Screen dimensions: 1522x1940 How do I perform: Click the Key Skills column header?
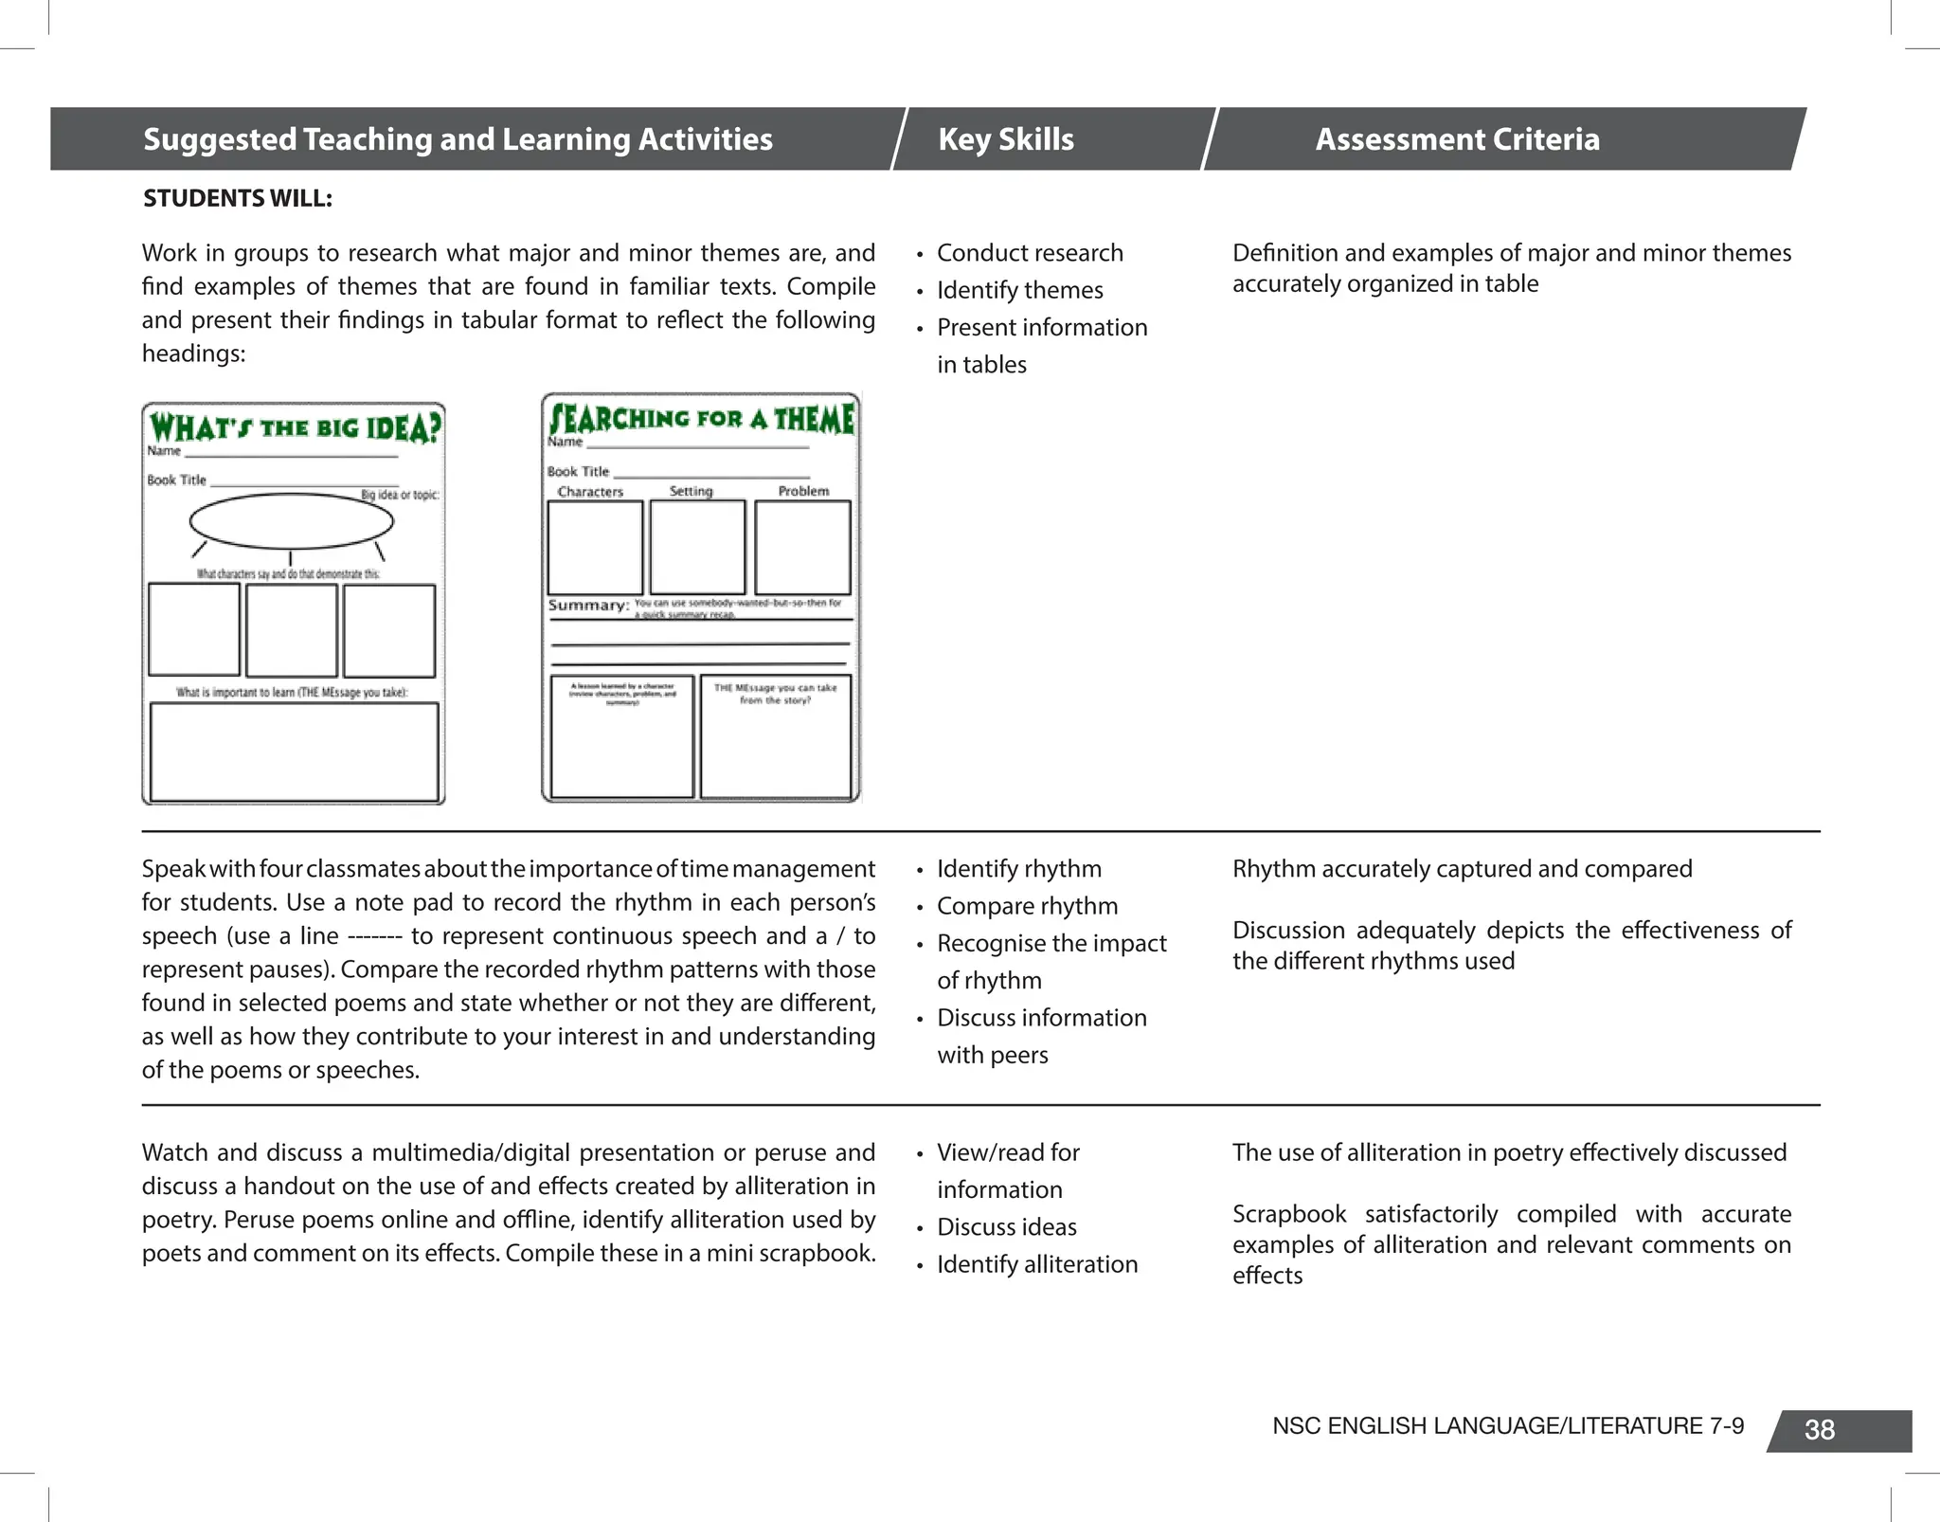pos(1005,139)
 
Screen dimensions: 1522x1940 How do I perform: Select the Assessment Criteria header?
pos(1457,139)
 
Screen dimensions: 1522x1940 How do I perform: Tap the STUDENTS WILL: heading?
pos(237,198)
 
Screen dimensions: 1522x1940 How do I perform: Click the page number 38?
pos(1819,1430)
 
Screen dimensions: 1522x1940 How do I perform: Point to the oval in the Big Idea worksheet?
pos(291,521)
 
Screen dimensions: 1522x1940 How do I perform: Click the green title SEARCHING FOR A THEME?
pos(701,418)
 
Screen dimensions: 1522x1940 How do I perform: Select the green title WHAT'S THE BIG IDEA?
pos(294,427)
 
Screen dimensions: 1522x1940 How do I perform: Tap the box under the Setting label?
pos(697,547)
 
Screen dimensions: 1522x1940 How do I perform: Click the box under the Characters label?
pos(595,547)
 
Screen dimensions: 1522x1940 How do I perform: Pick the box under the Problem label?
pos(802,547)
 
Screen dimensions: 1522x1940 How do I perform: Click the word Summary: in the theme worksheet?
pos(587,606)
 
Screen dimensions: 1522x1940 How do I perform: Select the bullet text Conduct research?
pos(1030,253)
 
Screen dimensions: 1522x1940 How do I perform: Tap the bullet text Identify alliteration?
pos(1037,1264)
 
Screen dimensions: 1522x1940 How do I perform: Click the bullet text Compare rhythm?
pos(1027,906)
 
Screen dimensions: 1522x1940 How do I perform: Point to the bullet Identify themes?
pos(1019,290)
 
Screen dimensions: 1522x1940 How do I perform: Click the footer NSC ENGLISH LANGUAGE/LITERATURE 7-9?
pos(1507,1426)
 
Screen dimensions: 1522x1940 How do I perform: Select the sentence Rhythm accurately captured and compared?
pos(1462,869)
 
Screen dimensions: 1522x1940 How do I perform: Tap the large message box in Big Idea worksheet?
pos(294,752)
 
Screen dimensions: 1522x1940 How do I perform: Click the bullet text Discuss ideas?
pos(1006,1227)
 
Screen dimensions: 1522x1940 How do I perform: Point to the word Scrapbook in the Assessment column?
pos(1288,1214)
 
